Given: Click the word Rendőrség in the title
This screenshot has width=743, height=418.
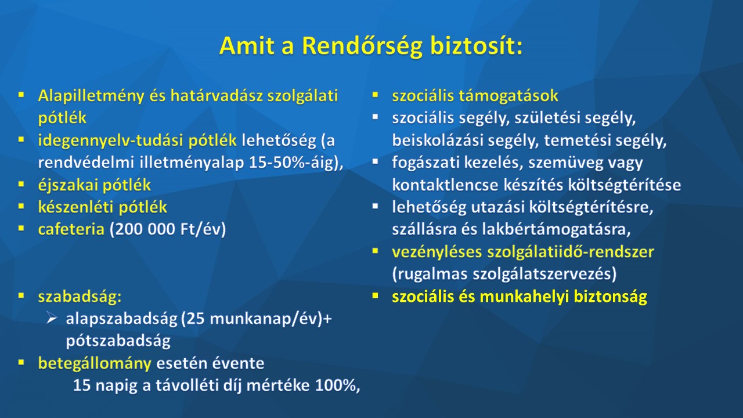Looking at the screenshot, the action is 362,46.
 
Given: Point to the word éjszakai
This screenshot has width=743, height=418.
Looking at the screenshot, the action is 68,185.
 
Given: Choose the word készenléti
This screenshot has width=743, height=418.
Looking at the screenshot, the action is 76,207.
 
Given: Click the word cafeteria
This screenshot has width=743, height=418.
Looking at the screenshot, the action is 71,229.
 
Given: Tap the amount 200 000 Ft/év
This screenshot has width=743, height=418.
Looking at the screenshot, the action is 168,229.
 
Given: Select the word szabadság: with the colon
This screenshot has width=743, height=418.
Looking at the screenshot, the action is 80,297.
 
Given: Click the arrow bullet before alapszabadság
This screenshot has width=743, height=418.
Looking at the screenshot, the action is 52,319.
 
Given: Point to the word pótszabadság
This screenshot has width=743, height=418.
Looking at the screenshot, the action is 118,341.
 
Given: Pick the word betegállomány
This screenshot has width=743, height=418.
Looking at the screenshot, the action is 95,363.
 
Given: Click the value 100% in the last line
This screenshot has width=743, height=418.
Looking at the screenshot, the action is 336,385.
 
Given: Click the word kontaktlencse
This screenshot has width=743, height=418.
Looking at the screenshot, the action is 445,185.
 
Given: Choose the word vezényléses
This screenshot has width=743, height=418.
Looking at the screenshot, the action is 437,252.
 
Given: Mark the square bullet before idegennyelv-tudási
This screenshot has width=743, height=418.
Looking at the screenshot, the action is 21,140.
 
